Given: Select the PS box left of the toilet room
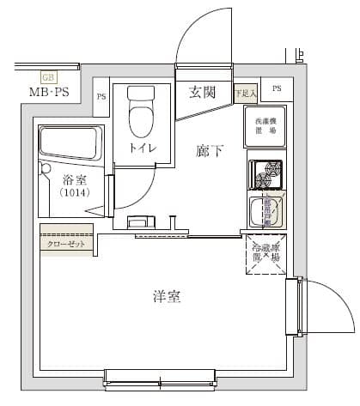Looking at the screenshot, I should tap(101, 97).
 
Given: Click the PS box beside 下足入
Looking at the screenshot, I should tap(276, 88).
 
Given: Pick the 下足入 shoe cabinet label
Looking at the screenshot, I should tap(246, 92).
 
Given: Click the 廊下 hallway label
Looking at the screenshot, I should tap(210, 152).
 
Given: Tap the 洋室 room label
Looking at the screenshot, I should tap(167, 297).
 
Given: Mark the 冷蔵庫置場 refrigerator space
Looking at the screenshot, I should tap(265, 253).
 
